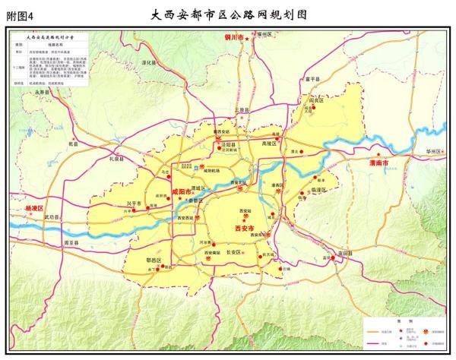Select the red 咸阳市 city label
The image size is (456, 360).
(x=182, y=193)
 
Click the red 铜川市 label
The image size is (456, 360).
(x=233, y=37)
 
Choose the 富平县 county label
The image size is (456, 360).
(x=312, y=78)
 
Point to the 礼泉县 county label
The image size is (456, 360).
(x=116, y=159)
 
